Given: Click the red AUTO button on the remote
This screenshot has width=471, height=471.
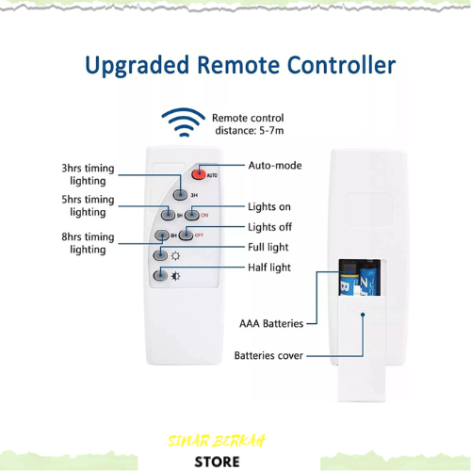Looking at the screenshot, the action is click(x=199, y=174).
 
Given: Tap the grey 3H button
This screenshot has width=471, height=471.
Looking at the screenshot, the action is click(x=180, y=195).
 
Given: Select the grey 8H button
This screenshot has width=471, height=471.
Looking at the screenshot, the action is click(x=162, y=235).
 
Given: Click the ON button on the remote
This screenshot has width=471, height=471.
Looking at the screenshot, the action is click(x=192, y=215).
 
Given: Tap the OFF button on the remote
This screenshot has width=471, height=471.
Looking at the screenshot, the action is click(x=186, y=235).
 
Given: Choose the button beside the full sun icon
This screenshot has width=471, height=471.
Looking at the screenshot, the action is click(x=160, y=255).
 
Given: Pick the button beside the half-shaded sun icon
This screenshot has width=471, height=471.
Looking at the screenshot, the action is click(x=160, y=276).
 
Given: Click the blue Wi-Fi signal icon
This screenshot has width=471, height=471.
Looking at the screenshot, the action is click(x=184, y=122).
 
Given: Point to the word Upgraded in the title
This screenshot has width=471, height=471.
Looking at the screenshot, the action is click(x=138, y=66).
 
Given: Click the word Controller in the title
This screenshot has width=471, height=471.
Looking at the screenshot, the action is click(x=341, y=65).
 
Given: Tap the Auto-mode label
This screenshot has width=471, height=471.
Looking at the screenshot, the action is click(x=275, y=165).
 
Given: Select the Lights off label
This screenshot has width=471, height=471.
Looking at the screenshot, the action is click(x=269, y=227).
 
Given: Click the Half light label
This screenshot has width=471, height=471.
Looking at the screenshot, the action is click(x=269, y=268).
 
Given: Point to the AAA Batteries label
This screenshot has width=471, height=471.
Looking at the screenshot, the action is click(x=271, y=323).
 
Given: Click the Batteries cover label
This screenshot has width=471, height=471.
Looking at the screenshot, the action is click(x=268, y=355).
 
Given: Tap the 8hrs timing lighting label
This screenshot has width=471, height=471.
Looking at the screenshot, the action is click(x=88, y=243).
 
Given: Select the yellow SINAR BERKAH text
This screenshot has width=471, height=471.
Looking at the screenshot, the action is click(x=217, y=441).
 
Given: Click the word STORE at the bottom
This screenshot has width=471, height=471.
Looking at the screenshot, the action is click(x=217, y=462).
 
